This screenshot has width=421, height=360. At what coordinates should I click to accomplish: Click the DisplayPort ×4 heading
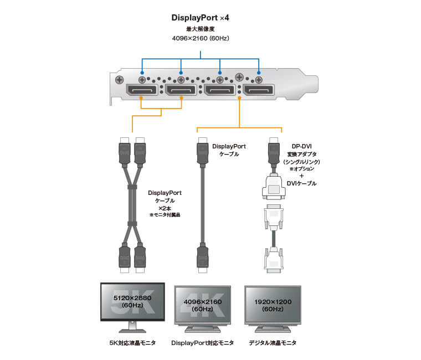200,18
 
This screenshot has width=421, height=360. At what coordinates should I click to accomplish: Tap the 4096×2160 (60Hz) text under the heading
200,38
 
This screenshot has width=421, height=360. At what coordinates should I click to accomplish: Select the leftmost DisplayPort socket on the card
142,90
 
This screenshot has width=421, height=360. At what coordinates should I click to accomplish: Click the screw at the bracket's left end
119,80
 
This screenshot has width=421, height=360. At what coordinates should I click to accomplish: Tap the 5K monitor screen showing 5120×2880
132,301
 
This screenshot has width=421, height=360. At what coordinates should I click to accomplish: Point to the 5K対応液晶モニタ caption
132,343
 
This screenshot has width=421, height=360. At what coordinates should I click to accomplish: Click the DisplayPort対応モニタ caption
202,343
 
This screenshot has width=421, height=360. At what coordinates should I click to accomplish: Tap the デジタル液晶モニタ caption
273,343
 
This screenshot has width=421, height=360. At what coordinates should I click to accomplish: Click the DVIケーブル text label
301,183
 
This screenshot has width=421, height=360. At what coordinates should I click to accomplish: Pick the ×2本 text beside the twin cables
165,208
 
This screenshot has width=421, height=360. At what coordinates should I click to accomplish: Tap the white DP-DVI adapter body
273,187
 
